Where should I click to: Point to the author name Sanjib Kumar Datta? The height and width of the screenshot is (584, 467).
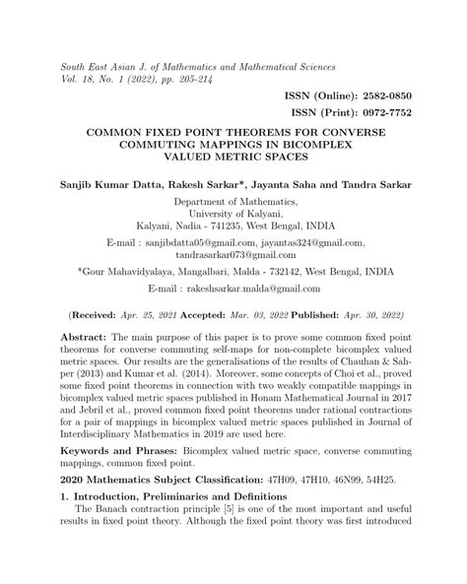tap(93, 184)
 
